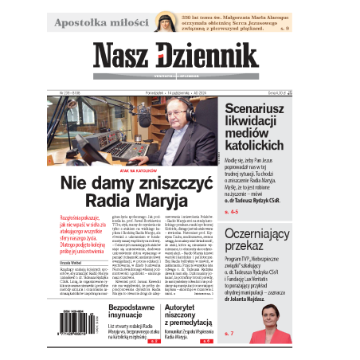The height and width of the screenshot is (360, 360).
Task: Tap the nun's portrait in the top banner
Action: click(x=188, y=21)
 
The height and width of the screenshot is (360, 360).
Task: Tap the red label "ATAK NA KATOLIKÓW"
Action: click(x=133, y=169)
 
